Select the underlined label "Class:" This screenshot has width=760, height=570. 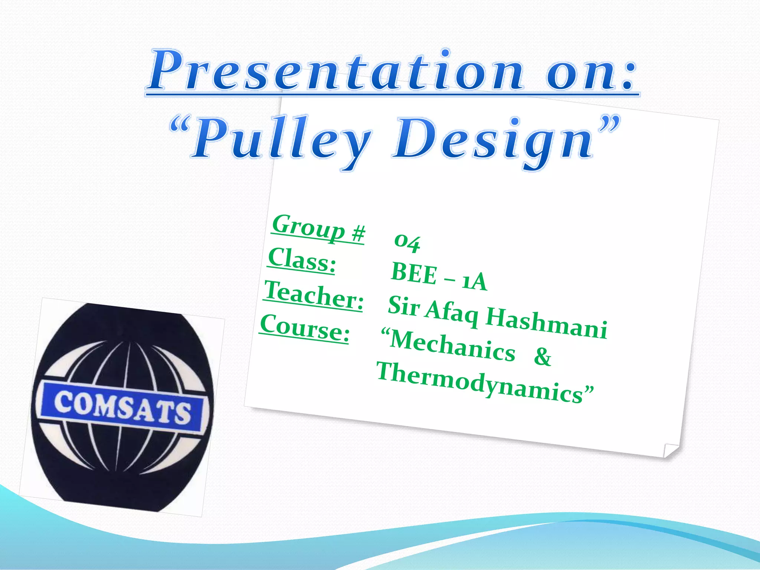point(302,261)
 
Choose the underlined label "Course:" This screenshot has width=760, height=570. point(304,328)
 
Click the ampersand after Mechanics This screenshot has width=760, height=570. point(542,356)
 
